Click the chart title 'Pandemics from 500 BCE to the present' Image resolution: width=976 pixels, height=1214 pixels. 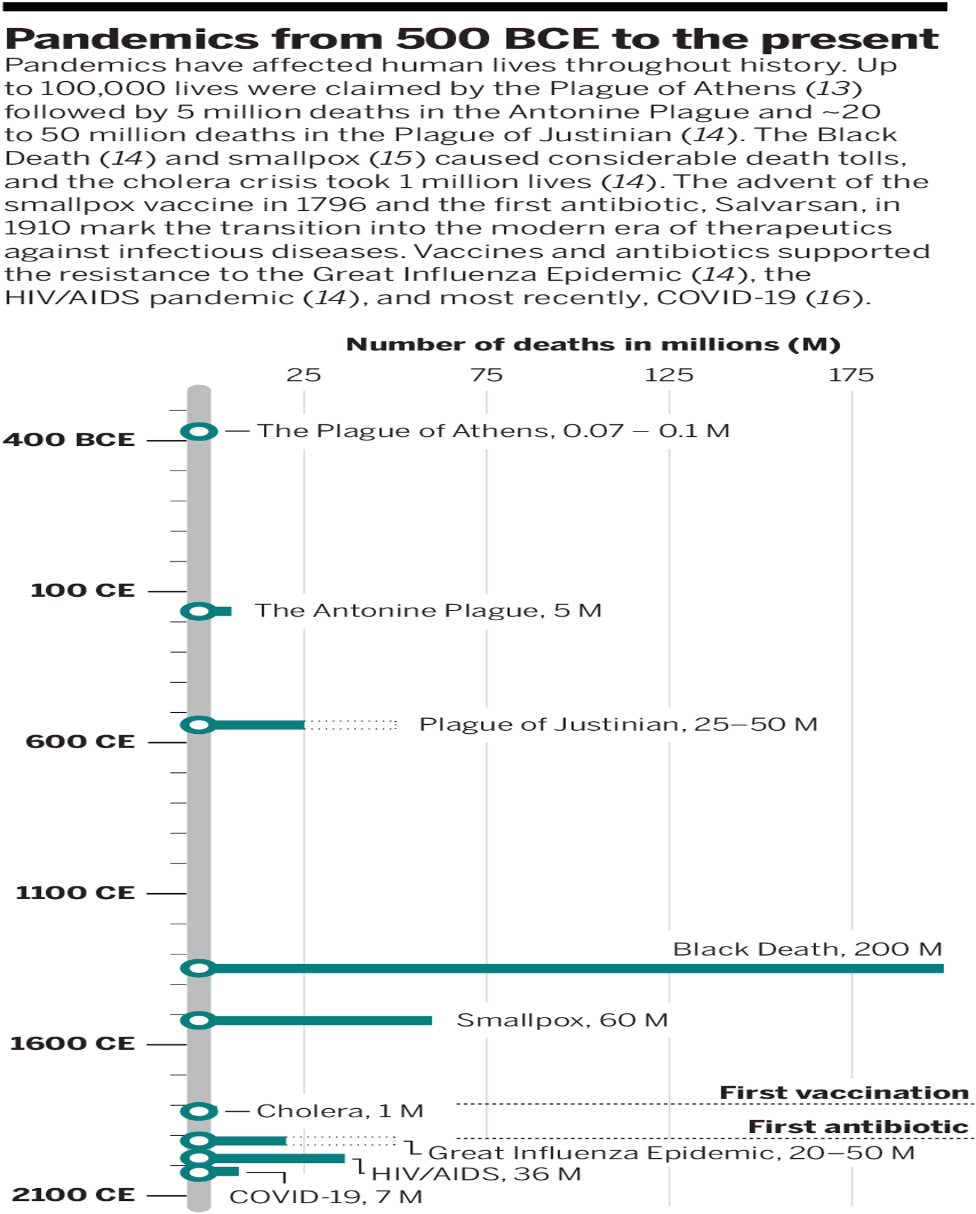point(472,39)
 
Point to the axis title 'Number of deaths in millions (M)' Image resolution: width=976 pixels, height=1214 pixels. point(593,344)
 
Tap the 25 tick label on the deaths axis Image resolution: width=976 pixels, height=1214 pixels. point(303,375)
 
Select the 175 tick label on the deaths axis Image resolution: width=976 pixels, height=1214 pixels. point(851,375)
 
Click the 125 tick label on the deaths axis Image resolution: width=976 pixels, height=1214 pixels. point(669,375)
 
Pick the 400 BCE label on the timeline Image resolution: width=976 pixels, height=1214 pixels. point(69,439)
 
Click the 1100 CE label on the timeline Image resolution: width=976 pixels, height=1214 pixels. point(75,892)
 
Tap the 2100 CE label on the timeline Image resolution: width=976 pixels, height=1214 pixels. point(73,1194)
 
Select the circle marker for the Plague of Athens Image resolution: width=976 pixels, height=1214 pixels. point(199,431)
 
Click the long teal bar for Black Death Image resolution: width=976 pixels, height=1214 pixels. point(571,968)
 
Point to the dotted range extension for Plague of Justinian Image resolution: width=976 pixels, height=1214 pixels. point(352,725)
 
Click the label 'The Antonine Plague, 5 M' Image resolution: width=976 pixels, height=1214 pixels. point(428,611)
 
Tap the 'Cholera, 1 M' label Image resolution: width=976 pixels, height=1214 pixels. point(340,1111)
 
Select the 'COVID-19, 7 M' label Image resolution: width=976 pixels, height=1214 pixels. point(326,1197)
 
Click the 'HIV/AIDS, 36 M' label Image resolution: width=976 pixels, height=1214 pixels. point(476,1174)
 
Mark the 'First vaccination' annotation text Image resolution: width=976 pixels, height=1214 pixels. point(844,1093)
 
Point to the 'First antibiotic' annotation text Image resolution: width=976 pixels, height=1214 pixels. point(858,1127)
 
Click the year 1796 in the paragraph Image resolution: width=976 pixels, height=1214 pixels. point(331,204)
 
